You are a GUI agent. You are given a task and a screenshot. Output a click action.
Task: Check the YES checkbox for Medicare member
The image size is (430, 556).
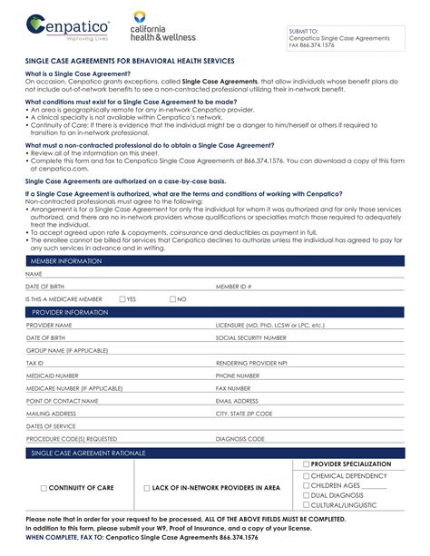(122, 298)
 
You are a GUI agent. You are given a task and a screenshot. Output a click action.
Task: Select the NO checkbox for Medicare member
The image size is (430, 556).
(171, 298)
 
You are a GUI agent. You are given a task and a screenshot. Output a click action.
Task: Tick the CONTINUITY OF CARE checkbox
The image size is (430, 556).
(44, 488)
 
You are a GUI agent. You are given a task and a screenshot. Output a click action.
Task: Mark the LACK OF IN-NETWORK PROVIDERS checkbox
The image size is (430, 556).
(147, 488)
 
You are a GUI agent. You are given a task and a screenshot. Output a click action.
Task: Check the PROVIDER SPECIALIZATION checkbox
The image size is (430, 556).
(306, 464)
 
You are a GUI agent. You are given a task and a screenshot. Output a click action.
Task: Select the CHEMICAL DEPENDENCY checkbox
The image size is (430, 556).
(306, 475)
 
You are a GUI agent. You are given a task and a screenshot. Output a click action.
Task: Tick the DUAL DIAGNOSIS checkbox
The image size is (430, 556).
(306, 495)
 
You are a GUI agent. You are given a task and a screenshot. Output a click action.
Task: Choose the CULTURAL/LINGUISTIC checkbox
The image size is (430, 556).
(306, 505)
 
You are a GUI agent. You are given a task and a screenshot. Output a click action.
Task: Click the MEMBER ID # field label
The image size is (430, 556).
(233, 286)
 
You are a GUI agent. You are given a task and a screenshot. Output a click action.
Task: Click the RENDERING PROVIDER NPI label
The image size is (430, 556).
(249, 362)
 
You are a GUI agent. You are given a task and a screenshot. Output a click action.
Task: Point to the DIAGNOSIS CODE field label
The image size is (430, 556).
(239, 438)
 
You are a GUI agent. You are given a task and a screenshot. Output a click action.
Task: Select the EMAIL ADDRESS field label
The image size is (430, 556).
(237, 400)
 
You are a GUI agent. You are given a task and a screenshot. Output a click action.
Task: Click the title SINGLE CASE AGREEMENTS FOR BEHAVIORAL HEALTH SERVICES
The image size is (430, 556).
(130, 60)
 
